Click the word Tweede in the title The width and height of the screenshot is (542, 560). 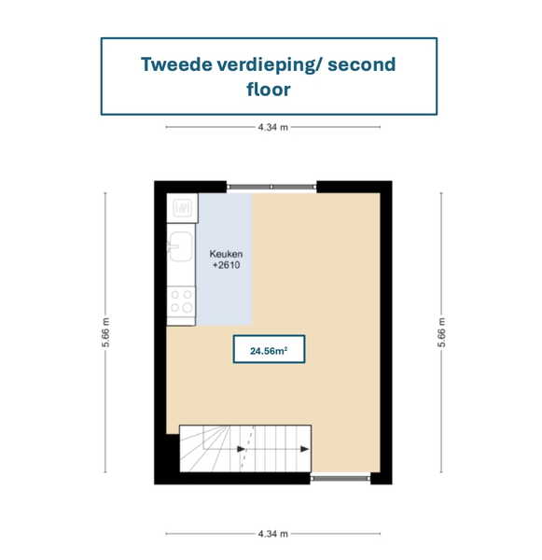click(176, 64)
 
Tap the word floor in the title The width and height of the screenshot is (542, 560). click(269, 89)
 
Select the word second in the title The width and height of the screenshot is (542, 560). click(362, 64)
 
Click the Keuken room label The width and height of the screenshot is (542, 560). click(226, 254)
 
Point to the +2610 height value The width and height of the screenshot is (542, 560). click(227, 265)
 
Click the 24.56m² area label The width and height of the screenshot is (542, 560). click(269, 351)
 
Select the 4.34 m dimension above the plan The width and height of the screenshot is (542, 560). click(272, 127)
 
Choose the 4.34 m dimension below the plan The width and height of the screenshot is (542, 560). click(272, 534)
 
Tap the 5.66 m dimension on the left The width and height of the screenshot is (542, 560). click(105, 332)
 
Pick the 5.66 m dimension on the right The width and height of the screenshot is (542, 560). click(441, 332)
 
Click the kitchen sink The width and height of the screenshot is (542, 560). click(181, 246)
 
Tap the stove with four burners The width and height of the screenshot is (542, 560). click(181, 301)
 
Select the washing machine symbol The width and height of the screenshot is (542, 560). click(182, 208)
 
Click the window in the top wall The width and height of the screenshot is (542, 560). click(271, 187)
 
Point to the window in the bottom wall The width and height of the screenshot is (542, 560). click(340, 478)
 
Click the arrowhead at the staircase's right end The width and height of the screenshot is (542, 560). click(304, 449)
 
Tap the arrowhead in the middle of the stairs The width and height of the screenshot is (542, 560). click(242, 449)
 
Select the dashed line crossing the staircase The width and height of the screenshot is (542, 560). click(247, 448)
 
